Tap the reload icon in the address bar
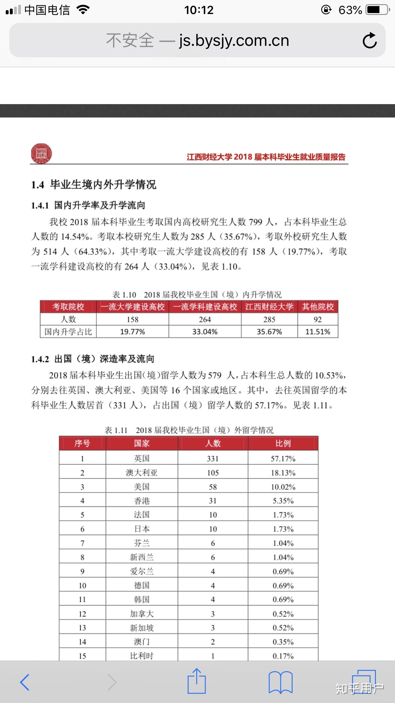[370, 40]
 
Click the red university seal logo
[41, 153]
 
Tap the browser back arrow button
[24, 682]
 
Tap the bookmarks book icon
[280, 682]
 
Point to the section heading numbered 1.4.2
[93, 359]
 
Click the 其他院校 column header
[317, 307]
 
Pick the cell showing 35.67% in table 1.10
[269, 332]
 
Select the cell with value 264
[205, 319]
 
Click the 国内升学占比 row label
[68, 332]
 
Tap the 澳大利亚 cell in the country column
[142, 473]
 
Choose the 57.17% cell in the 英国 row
[283, 459]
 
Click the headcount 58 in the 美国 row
[212, 487]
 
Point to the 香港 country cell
[142, 501]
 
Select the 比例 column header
[283, 443]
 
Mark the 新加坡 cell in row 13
[142, 628]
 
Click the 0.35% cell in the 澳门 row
[283, 642]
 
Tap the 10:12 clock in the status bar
[199, 10]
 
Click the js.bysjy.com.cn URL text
[234, 40]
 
